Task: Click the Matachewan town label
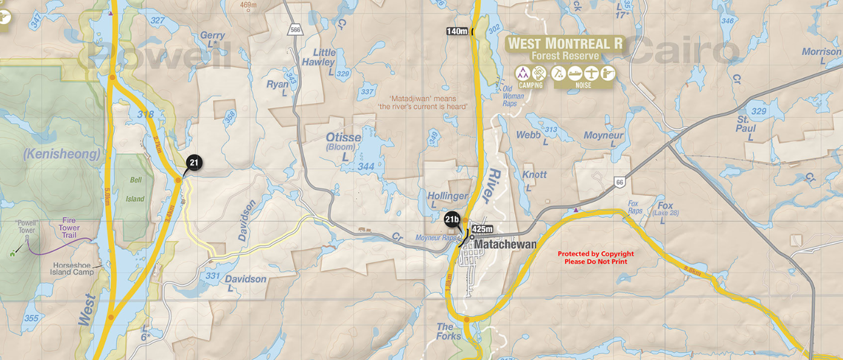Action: (x=505, y=245)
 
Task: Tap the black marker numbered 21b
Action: (x=451, y=219)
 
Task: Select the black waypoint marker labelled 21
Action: (x=194, y=162)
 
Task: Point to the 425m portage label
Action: (x=482, y=229)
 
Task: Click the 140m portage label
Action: (x=457, y=31)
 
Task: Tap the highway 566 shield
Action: (x=295, y=29)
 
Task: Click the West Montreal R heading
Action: (x=565, y=43)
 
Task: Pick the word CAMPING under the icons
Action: (x=530, y=85)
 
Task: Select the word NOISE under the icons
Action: (x=583, y=85)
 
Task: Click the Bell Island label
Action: (x=135, y=189)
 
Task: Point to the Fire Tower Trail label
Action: (x=69, y=228)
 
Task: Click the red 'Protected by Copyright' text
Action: (x=595, y=258)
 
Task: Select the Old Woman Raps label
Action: (x=513, y=96)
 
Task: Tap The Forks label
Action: (x=449, y=331)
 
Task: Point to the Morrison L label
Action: (x=821, y=56)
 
